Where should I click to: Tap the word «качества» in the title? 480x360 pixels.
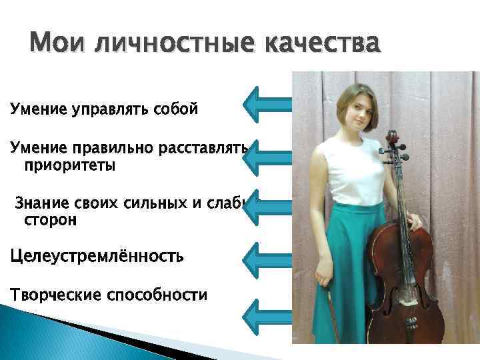point(323,45)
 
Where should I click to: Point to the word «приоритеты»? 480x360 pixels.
point(69,165)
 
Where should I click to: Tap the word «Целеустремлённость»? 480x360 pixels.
point(97,256)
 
